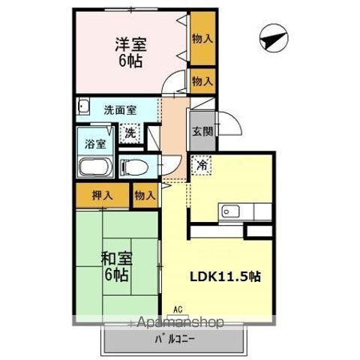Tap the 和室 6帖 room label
pos(116,266)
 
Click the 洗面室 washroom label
pos(120,109)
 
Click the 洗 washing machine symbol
pos(130,134)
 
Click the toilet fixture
pos(133,166)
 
